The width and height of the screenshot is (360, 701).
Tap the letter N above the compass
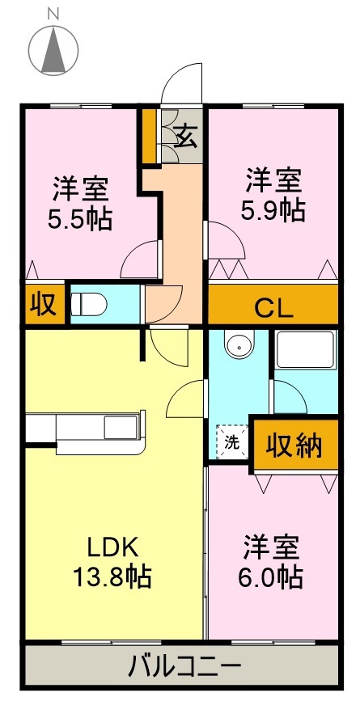point(53,13)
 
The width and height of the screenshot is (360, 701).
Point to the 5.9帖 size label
point(273,211)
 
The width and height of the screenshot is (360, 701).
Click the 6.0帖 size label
point(272,577)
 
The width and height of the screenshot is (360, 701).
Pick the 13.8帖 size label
point(111,577)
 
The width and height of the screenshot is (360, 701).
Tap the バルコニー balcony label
point(184,668)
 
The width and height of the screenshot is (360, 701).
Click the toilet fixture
point(89,304)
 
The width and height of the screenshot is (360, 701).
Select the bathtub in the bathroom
point(305,350)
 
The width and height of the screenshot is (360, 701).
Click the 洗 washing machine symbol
point(231,442)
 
